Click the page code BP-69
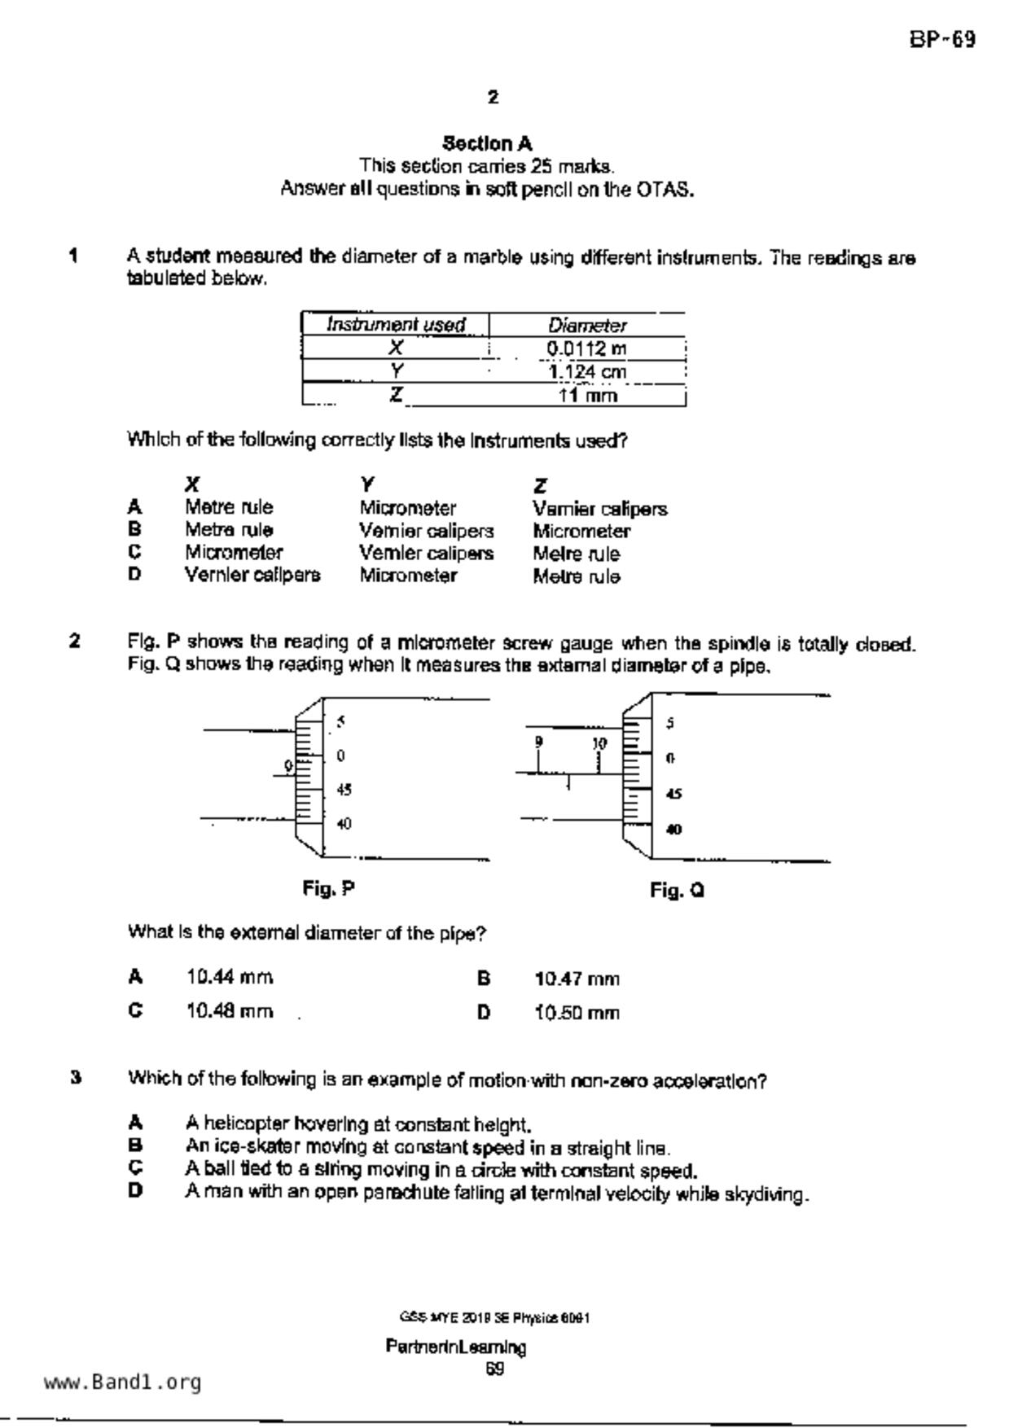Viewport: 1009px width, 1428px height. [x=942, y=40]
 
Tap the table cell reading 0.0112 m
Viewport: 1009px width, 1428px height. [x=586, y=349]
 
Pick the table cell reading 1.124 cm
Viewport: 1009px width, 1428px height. [x=586, y=372]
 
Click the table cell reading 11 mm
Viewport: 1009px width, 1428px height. [x=587, y=396]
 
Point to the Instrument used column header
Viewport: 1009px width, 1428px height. [x=396, y=325]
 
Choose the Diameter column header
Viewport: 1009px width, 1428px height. [x=586, y=326]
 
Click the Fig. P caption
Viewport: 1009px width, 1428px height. [x=328, y=888]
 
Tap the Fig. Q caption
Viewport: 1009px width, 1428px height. [x=677, y=891]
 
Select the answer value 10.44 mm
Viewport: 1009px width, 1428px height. [x=230, y=977]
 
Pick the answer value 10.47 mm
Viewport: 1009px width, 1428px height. [x=577, y=979]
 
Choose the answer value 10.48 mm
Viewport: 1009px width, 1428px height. [x=230, y=1011]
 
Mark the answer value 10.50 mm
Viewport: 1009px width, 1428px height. [x=577, y=1014]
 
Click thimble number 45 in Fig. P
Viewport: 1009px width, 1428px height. [x=344, y=790]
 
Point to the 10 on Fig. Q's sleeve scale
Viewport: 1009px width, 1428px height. [x=599, y=743]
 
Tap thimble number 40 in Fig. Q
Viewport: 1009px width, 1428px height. [x=673, y=830]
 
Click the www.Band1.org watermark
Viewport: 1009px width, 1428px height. [x=123, y=1382]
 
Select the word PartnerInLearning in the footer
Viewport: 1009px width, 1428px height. [x=456, y=1347]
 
